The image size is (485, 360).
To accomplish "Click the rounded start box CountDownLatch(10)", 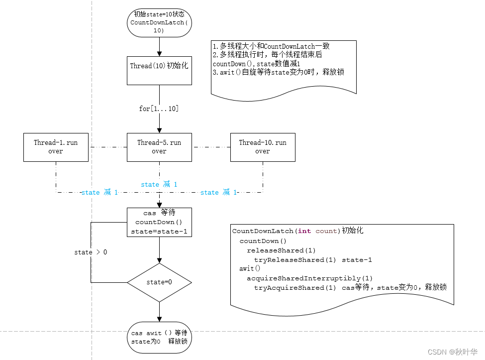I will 159,22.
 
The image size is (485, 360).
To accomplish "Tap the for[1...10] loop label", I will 159,108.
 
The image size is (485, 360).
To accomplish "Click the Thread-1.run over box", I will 56,147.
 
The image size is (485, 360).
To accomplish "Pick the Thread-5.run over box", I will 159,147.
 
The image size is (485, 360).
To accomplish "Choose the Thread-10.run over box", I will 263,147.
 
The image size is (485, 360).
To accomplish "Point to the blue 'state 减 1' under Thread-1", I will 99,192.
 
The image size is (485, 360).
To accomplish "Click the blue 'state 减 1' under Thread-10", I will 218,192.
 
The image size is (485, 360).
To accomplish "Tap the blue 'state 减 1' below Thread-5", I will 159,184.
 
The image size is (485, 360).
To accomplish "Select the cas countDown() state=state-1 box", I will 159,222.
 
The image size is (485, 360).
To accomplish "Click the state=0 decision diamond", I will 159,282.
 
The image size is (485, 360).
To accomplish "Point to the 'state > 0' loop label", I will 91,252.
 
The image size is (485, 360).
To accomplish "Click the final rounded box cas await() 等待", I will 159,337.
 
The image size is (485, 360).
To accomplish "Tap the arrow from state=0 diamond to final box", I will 159,312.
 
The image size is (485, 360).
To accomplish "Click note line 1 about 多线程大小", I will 271,46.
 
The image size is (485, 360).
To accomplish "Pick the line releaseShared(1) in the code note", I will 281,250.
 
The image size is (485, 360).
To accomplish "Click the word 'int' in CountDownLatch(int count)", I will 305,232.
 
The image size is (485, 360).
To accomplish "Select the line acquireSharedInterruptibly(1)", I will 309,278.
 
